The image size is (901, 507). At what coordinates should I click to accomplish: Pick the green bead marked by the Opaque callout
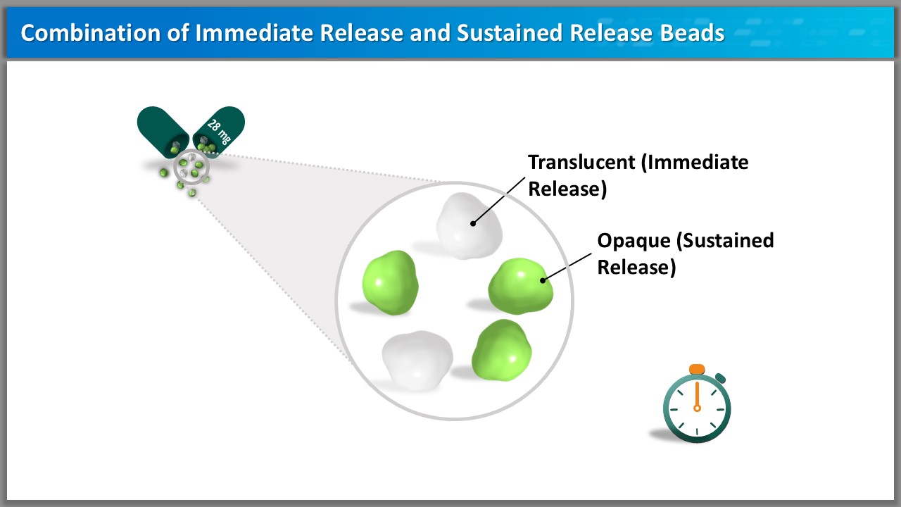(x=522, y=284)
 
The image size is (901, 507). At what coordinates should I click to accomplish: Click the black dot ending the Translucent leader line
(x=473, y=223)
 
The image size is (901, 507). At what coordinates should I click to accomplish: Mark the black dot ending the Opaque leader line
(x=543, y=280)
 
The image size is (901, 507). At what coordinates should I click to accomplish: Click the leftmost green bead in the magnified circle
(x=390, y=282)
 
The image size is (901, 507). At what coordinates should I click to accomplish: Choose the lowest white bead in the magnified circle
(x=417, y=359)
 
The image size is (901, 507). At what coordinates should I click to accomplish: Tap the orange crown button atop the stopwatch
(x=697, y=369)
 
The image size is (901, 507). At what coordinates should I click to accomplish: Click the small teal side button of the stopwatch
(x=720, y=379)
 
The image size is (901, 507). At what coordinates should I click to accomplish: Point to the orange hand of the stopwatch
(x=697, y=396)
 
